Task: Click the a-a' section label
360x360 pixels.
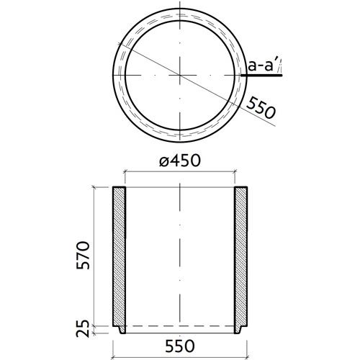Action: [263, 67]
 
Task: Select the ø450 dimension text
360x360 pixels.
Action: [179, 162]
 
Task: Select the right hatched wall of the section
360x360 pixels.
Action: [240, 256]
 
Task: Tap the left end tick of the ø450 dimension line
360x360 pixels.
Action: [125, 171]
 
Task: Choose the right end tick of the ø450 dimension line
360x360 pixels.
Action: [233, 171]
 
